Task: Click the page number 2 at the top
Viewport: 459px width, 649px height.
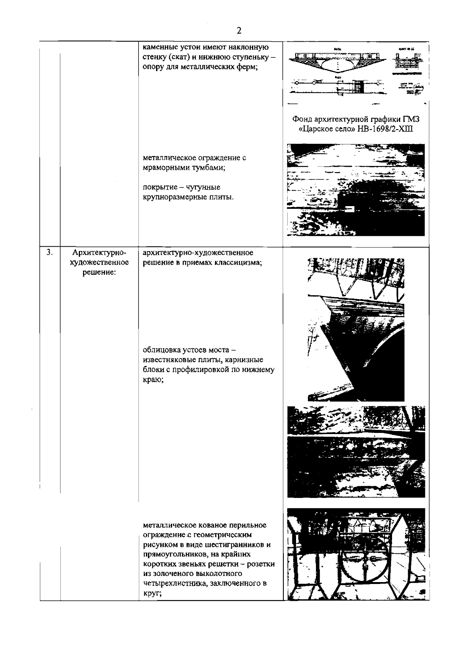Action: (239, 31)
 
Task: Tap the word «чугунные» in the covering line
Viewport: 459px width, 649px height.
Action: (203, 187)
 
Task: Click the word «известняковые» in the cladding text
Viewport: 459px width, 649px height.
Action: (167, 360)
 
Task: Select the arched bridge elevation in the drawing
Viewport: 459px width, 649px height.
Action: (338, 61)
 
